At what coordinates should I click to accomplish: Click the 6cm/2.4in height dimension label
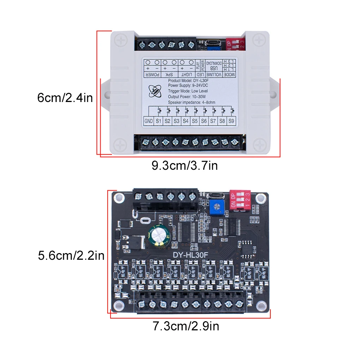[x=65, y=98]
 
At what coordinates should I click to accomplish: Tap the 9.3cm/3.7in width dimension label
[x=185, y=165]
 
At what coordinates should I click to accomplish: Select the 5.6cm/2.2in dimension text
[x=71, y=255]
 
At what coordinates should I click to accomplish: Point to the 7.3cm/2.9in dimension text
[x=186, y=326]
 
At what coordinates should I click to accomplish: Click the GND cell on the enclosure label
[x=149, y=121]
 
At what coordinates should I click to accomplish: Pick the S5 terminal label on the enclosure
[x=194, y=121]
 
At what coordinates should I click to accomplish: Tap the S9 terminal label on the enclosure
[x=231, y=121]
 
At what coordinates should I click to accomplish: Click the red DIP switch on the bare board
[x=240, y=200]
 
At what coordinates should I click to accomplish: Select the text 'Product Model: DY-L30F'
[x=190, y=81]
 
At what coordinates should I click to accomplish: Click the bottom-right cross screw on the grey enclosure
[x=261, y=144]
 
